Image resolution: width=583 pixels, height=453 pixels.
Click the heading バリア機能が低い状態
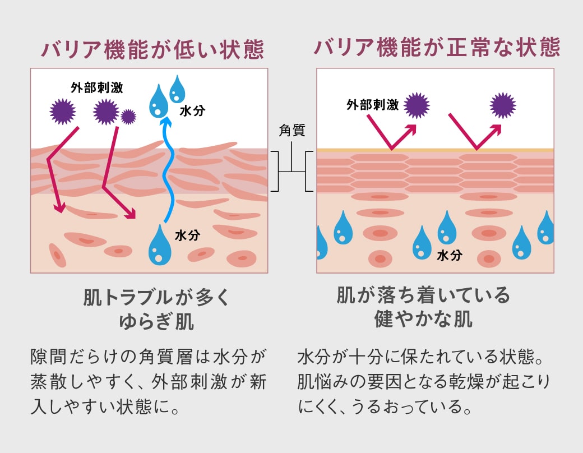[x=152, y=49]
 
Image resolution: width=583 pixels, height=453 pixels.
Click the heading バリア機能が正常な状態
[x=437, y=47]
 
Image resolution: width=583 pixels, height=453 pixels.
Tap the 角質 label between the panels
[x=291, y=131]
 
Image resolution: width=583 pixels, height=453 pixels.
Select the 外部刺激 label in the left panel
[x=96, y=87]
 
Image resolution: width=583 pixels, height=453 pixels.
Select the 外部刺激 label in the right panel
[x=372, y=105]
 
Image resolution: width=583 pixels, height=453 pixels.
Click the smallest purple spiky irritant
[x=128, y=117]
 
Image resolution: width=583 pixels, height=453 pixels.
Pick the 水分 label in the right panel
[x=449, y=256]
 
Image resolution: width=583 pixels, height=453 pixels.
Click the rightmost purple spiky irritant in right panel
[x=503, y=105]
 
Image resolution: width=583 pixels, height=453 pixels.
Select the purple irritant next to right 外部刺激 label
[x=417, y=105]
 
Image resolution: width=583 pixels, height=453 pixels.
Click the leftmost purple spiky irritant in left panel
[x=62, y=112]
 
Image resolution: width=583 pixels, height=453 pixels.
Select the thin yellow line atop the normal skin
[x=435, y=150]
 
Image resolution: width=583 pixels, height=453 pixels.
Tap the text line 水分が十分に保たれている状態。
[x=425, y=357]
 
